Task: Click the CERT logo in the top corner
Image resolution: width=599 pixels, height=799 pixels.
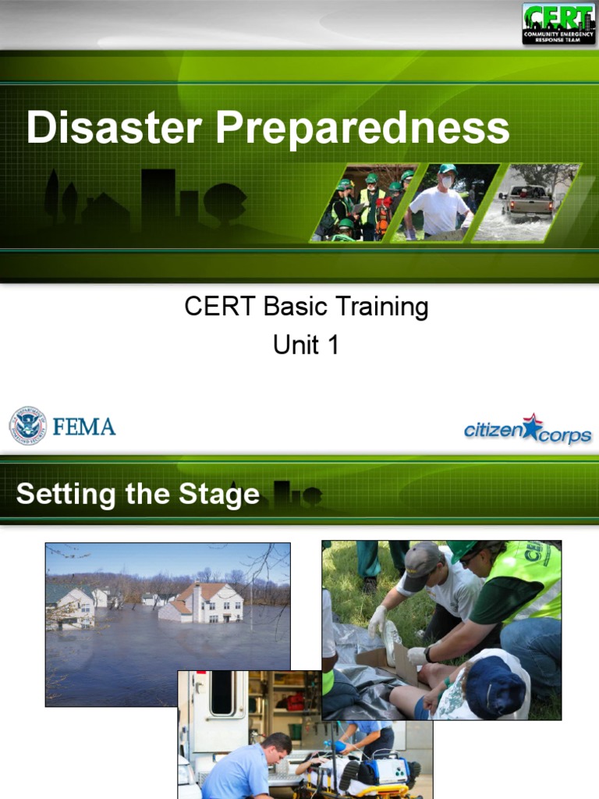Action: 558,23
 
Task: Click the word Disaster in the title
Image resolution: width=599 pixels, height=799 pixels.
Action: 115,128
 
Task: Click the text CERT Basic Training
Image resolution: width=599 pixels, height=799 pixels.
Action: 307,307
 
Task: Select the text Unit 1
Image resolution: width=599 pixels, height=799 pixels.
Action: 306,345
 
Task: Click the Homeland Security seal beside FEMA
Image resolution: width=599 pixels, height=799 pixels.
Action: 27,426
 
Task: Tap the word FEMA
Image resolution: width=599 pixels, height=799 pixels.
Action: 84,427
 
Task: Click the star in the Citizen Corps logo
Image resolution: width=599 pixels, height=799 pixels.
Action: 531,426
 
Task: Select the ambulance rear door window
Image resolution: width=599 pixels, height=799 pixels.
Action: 222,692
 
